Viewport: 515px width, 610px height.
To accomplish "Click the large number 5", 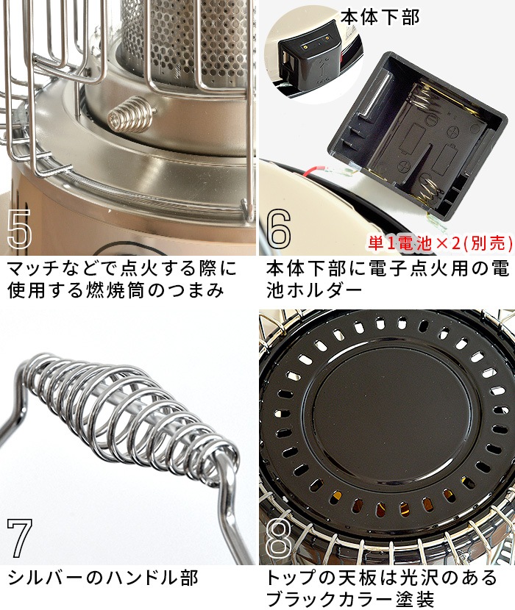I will click(x=20, y=230).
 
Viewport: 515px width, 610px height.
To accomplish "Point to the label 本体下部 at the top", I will click(x=381, y=16).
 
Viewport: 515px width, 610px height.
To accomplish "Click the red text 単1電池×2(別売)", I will click(x=438, y=242).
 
